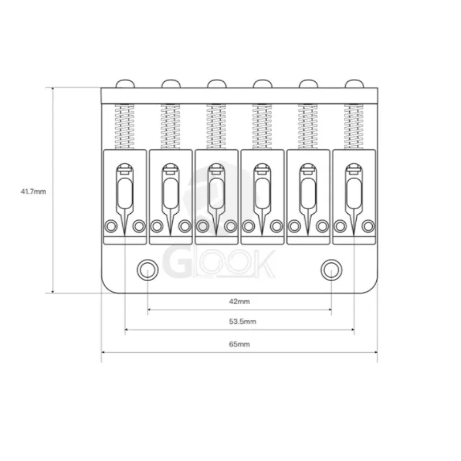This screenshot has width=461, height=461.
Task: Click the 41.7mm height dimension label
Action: click(33, 191)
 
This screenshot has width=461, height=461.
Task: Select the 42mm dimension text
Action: click(239, 301)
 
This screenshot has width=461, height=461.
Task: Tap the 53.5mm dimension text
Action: click(243, 322)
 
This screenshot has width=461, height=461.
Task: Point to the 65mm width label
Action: click(239, 344)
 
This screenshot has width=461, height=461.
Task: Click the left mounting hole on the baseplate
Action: click(148, 270)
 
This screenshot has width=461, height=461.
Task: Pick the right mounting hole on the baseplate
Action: click(331, 270)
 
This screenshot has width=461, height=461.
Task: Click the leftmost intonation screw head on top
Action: click(125, 84)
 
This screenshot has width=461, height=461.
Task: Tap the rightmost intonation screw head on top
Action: click(354, 84)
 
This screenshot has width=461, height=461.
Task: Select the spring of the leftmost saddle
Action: click(124, 127)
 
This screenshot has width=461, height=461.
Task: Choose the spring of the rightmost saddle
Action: click(354, 127)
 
